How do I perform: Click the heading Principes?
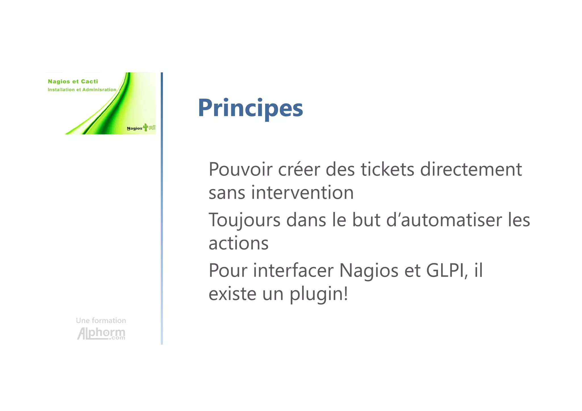tap(250, 108)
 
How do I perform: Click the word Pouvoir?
tap(240, 170)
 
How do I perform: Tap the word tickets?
tap(388, 170)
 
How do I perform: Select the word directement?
tap(471, 170)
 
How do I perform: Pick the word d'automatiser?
tap(444, 220)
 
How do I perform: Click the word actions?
tap(238, 243)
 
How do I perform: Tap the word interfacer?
tap(293, 270)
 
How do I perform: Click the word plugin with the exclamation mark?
tap(319, 294)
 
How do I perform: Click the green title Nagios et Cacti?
tap(73, 82)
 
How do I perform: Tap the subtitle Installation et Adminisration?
tap(82, 90)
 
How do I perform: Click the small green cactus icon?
tap(146, 127)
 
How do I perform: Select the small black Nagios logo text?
tap(134, 128)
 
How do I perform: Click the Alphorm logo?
tap(101, 333)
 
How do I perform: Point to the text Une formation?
tap(101, 321)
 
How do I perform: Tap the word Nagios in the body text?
tap(369, 270)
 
